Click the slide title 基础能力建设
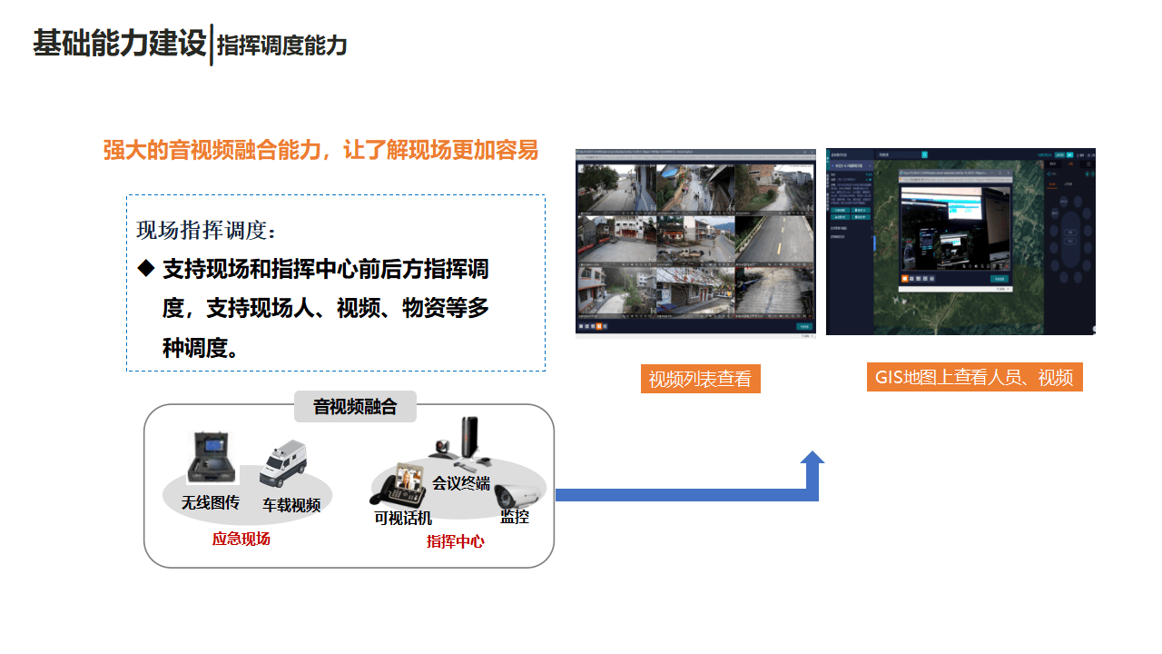click(120, 44)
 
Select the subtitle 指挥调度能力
click(282, 45)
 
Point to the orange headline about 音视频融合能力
click(320, 150)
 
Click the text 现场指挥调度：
click(206, 230)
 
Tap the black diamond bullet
click(146, 269)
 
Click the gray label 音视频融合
click(355, 406)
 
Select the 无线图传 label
click(210, 502)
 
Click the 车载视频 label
click(291, 505)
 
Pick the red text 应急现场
click(241, 539)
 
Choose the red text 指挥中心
click(456, 541)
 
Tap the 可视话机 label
click(403, 519)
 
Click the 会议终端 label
click(461, 482)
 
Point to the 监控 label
click(515, 517)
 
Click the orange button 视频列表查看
click(700, 379)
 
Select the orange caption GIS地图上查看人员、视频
click(974, 378)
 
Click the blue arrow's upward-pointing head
click(812, 459)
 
